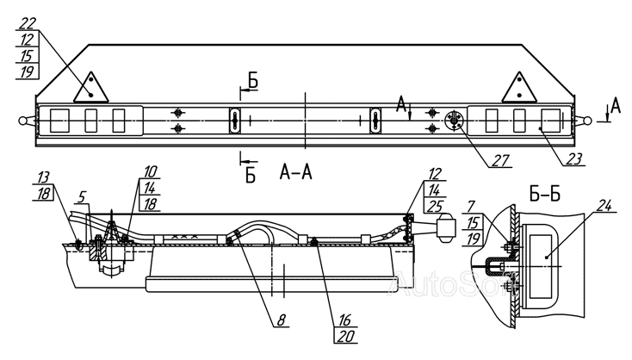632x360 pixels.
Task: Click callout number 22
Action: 27,24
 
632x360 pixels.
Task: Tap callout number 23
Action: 574,158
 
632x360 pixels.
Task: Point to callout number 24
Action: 603,206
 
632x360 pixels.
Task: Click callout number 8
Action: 281,320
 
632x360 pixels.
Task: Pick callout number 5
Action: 82,197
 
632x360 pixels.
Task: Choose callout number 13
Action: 43,177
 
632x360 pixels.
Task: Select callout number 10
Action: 150,171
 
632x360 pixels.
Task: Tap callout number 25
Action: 433,206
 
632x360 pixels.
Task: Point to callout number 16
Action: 345,320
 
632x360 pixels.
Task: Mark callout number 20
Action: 346,336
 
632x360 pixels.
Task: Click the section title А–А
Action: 296,172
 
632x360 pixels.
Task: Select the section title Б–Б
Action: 544,196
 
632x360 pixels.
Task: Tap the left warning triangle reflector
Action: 91,87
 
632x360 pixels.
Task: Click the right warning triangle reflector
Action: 519,87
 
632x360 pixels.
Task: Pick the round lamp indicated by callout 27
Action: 455,121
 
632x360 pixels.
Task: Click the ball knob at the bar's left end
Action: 22,121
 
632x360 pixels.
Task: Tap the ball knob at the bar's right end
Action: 588,120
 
